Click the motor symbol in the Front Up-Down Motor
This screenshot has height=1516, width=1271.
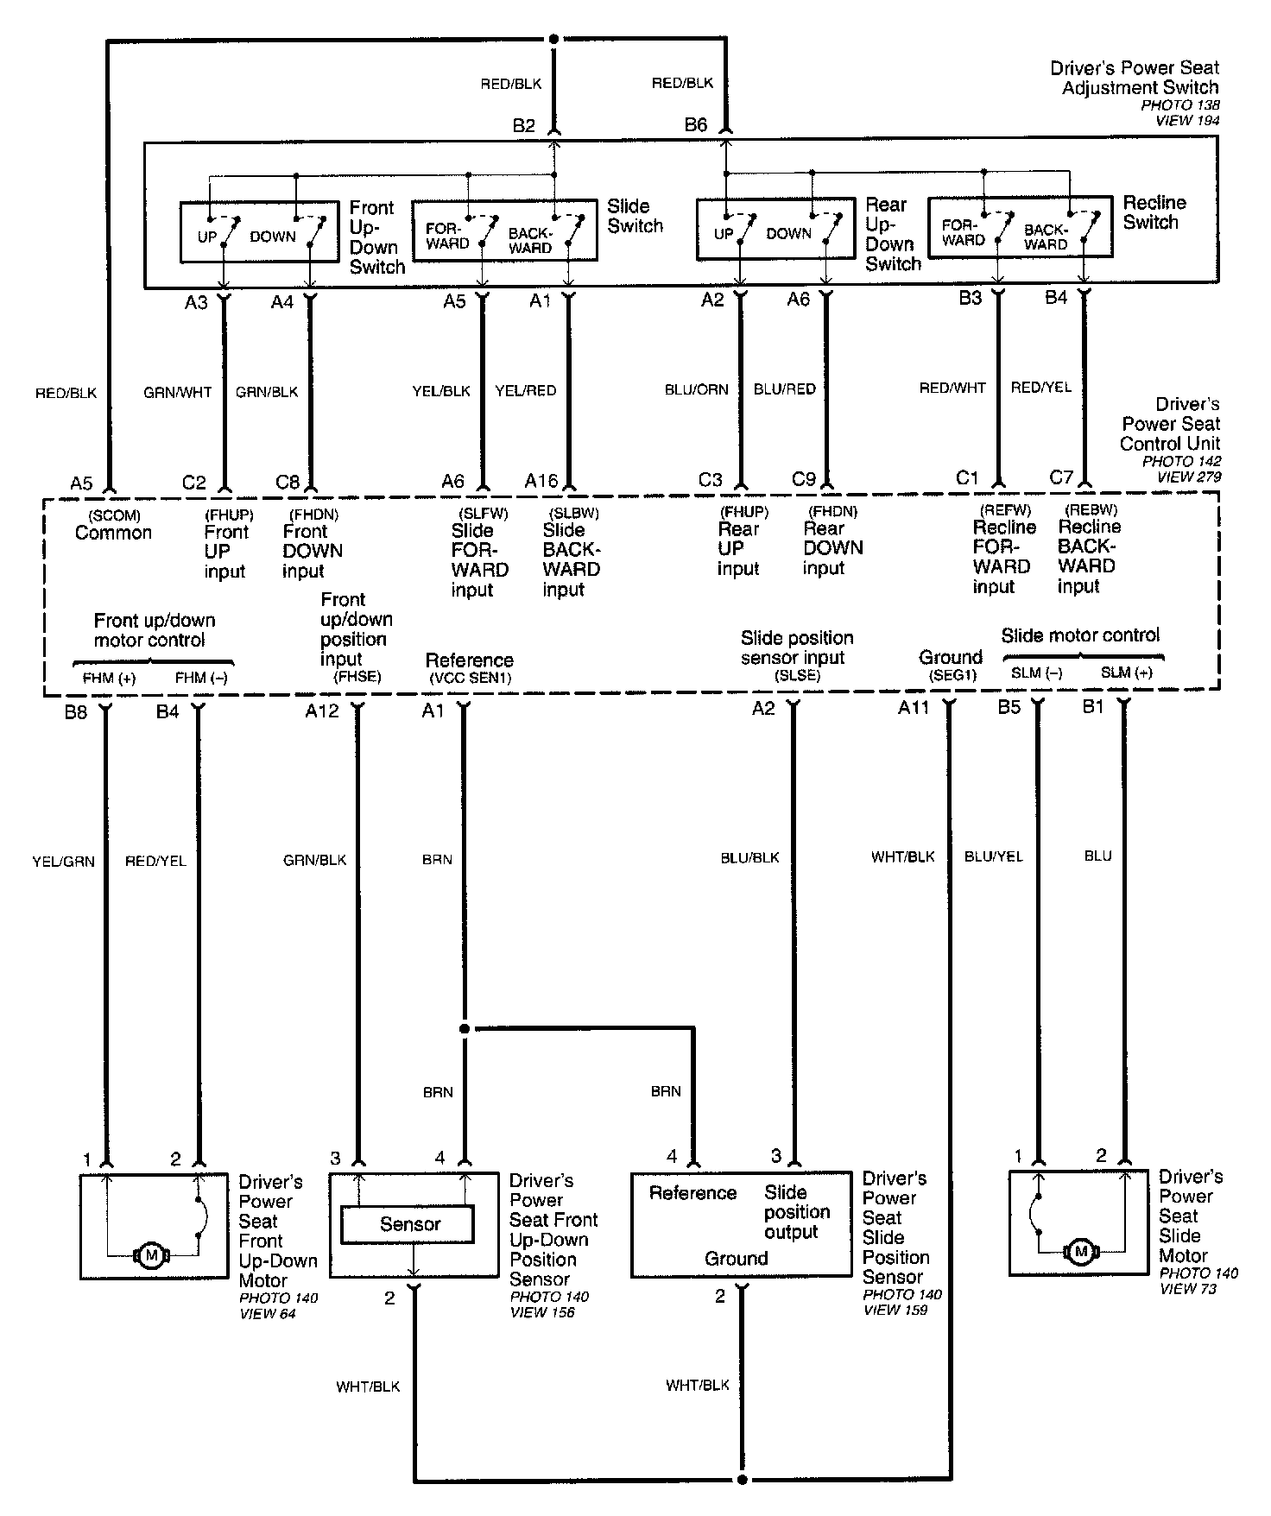pyautogui.click(x=151, y=1254)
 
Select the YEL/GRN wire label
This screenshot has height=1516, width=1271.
pyautogui.click(x=63, y=861)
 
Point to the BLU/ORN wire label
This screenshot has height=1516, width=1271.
pyautogui.click(x=696, y=389)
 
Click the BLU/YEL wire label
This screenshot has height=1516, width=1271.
pyautogui.click(x=993, y=856)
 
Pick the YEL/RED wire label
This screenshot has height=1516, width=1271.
pyautogui.click(x=526, y=391)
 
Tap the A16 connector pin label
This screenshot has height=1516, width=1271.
pyautogui.click(x=541, y=481)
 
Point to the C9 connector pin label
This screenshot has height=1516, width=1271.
pyautogui.click(x=804, y=479)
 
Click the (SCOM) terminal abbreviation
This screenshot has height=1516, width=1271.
pyautogui.click(x=114, y=515)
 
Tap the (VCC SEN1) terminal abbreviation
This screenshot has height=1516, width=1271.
pyautogui.click(x=470, y=679)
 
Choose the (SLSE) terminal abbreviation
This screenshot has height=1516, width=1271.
pyautogui.click(x=797, y=676)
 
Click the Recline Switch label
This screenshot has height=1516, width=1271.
pyautogui.click(x=1154, y=212)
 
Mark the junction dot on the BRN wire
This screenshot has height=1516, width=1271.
pyautogui.click(x=465, y=1029)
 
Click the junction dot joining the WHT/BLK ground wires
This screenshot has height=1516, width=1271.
pyautogui.click(x=742, y=1480)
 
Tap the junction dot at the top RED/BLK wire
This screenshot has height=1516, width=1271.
pyautogui.click(x=553, y=39)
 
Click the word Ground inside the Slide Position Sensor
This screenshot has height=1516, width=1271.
pyautogui.click(x=736, y=1259)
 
